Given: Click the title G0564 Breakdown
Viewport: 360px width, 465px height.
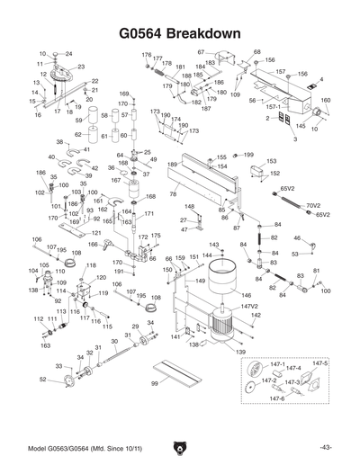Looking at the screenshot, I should coord(180,33).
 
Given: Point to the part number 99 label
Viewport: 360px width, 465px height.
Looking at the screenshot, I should coord(154,383).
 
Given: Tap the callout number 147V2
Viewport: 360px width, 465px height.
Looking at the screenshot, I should coord(249,308).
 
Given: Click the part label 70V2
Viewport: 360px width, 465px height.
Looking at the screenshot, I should coord(313,206).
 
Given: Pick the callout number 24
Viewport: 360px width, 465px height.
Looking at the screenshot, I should coord(67,54).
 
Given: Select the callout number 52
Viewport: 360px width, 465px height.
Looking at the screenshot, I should coord(43,379).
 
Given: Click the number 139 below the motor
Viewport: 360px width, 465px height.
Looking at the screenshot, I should coord(240,353).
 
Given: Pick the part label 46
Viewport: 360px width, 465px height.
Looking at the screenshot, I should coord(297,238).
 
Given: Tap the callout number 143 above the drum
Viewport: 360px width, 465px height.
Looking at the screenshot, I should coord(213,245).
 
